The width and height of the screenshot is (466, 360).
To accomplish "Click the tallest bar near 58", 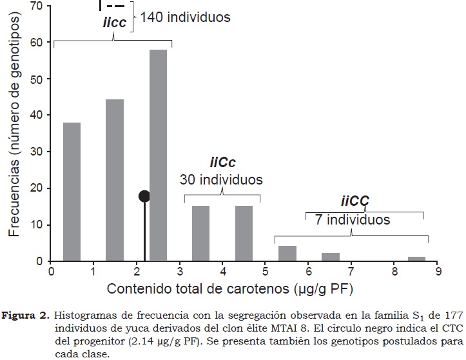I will tap(158, 155).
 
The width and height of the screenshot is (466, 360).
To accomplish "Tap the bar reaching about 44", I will tap(115, 181).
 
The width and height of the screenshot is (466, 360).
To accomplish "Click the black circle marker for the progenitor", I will tap(144, 196).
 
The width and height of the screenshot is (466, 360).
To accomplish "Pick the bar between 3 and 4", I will tap(200, 234).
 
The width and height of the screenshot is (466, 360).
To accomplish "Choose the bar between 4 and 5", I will tap(244, 234).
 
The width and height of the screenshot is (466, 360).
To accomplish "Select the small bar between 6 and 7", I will tap(330, 257).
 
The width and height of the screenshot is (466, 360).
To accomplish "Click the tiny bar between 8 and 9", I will tap(416, 259).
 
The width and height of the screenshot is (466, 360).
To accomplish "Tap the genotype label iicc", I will tap(114, 23).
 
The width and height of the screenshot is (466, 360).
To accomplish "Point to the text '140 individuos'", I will tap(185, 17).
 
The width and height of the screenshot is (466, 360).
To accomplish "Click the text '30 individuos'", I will tap(222, 179).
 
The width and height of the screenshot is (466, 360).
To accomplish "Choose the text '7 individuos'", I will tap(353, 219).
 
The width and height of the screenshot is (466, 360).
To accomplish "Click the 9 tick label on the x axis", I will tap(438, 272).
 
